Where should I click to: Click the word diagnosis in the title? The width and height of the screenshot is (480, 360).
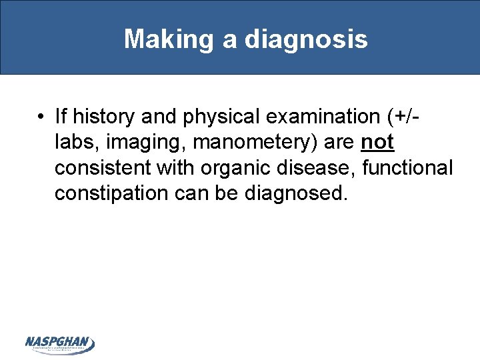306,39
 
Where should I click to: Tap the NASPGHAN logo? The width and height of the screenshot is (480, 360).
60,344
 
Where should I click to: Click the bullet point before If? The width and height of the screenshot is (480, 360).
41,118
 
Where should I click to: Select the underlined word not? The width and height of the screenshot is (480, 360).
377,142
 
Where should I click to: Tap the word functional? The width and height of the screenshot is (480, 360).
407,167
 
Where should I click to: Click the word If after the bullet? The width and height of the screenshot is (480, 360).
61,117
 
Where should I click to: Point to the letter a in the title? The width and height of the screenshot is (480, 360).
229,39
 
